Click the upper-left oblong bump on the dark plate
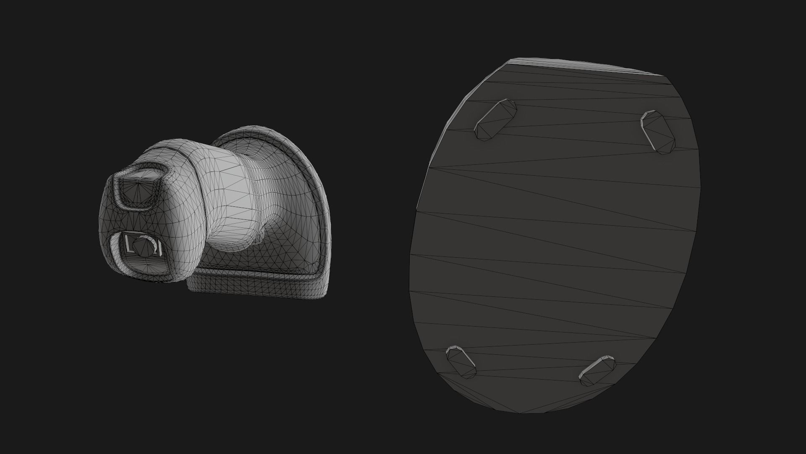click(x=495, y=119)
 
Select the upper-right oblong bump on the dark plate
click(x=658, y=132)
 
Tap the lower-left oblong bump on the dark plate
click(x=461, y=360)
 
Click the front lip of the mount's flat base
click(x=256, y=286)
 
